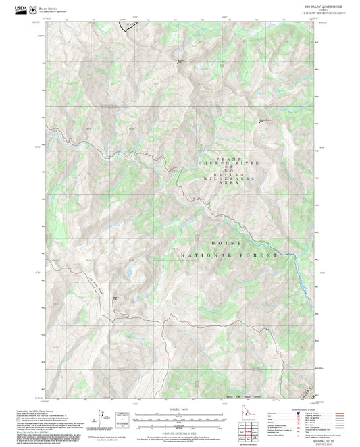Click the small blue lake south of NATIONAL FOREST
tap(126, 273)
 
